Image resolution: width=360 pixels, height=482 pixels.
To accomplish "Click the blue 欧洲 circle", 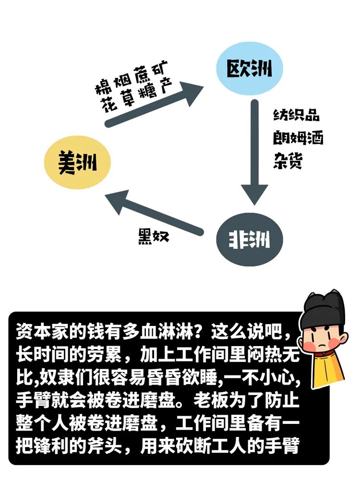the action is coord(249,68).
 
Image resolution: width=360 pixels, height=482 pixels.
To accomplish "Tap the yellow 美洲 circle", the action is coord(77,162).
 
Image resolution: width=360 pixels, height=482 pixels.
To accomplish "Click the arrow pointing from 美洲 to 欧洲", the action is coord(154,104).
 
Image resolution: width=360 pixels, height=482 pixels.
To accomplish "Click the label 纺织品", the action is coord(296,116).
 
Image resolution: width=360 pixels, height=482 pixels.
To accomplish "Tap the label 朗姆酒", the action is coord(298,138).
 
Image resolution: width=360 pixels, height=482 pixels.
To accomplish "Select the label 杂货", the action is coord(288,160).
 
